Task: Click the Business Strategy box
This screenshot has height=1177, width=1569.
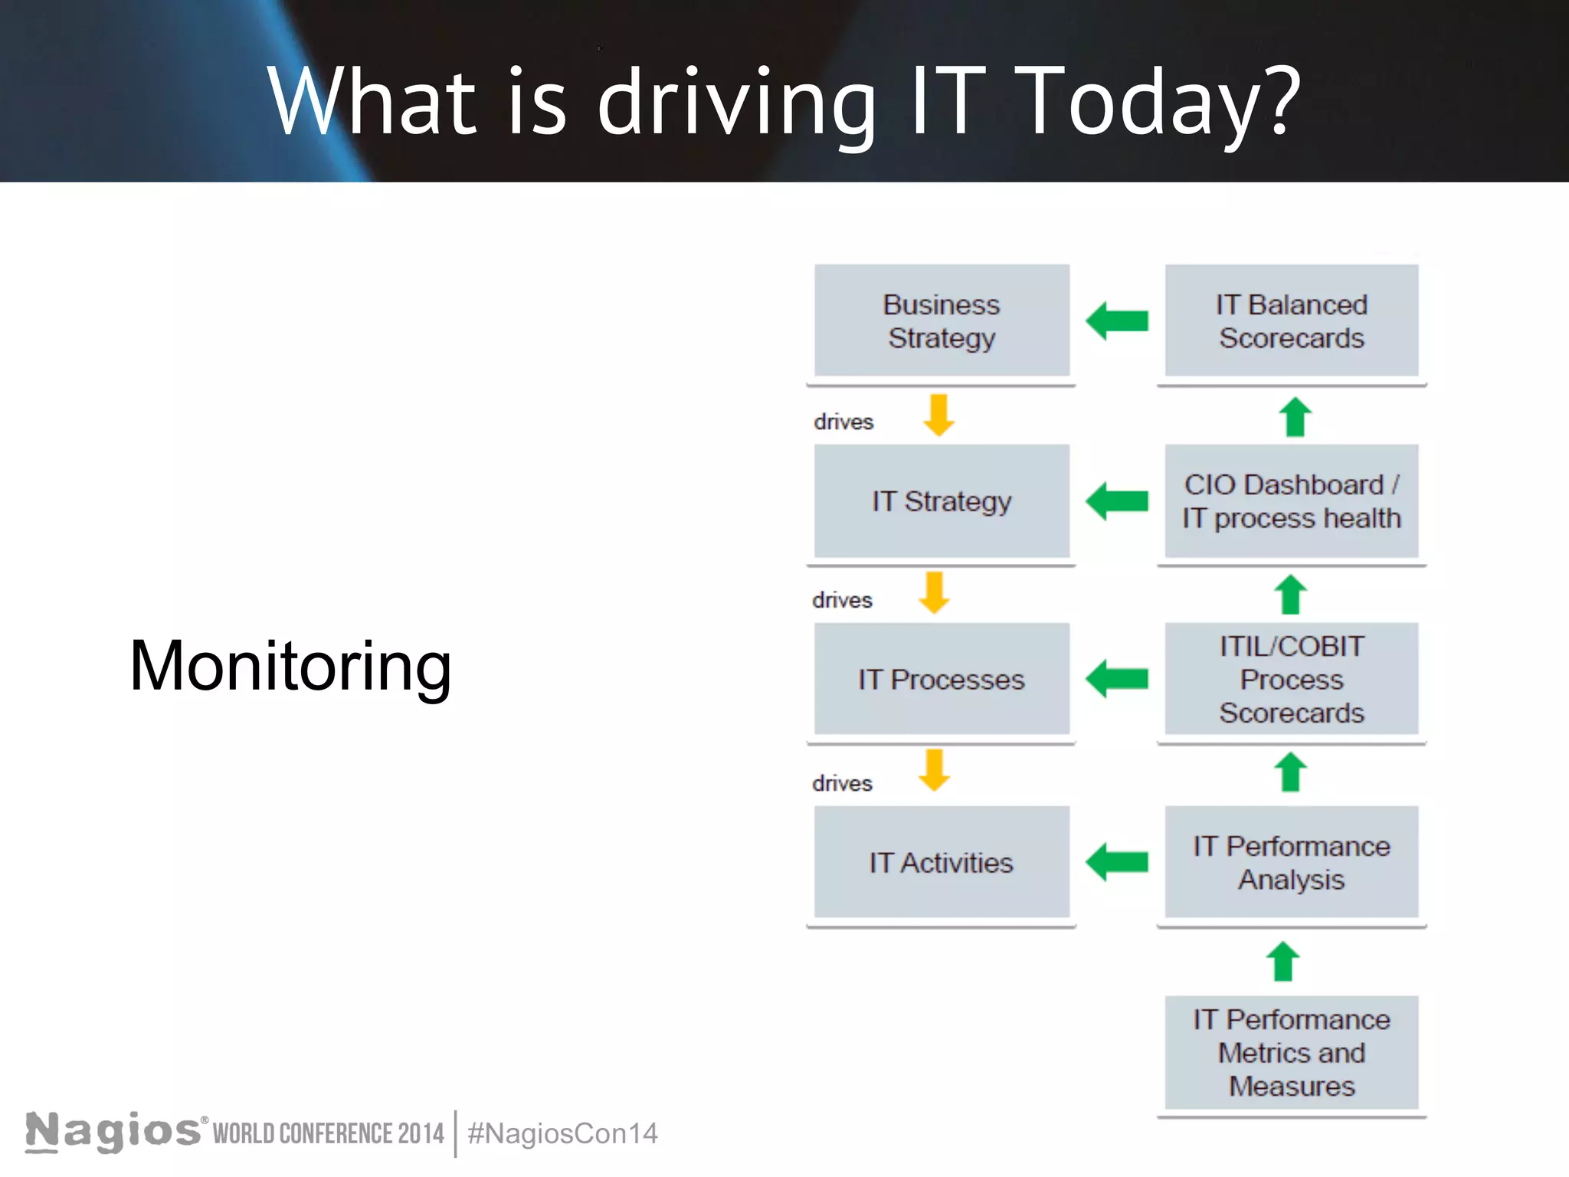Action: pyautogui.click(x=942, y=320)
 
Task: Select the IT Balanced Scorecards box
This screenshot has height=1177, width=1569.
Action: pyautogui.click(x=1291, y=320)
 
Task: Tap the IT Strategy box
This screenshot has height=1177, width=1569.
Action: pyautogui.click(x=942, y=501)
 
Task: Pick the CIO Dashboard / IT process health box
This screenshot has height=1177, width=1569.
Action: pyautogui.click(x=1291, y=501)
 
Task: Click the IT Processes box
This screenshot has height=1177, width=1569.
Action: pyautogui.click(x=942, y=679)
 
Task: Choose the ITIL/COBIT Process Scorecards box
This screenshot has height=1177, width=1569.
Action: pyautogui.click(x=1291, y=679)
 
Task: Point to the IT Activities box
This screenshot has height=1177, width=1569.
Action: pyautogui.click(x=942, y=862)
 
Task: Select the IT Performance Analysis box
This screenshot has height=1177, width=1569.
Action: pyautogui.click(x=1291, y=862)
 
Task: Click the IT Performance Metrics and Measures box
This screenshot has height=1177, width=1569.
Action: pyautogui.click(x=1291, y=1052)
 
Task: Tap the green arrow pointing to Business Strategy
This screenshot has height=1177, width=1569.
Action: pyautogui.click(x=1117, y=320)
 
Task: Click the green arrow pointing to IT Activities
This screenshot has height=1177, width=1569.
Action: pyautogui.click(x=1117, y=862)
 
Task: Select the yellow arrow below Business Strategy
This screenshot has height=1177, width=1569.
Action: pyautogui.click(x=938, y=415)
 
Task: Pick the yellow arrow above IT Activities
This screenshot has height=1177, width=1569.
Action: pyautogui.click(x=935, y=770)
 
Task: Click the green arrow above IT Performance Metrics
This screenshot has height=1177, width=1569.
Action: pyautogui.click(x=1283, y=962)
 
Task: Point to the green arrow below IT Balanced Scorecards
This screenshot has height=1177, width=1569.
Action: pyautogui.click(x=1295, y=417)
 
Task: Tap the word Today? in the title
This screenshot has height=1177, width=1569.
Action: pyautogui.click(x=1161, y=102)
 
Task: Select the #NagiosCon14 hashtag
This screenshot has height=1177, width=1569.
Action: pyautogui.click(x=562, y=1133)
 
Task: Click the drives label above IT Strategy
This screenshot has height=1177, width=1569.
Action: pyautogui.click(x=843, y=421)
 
